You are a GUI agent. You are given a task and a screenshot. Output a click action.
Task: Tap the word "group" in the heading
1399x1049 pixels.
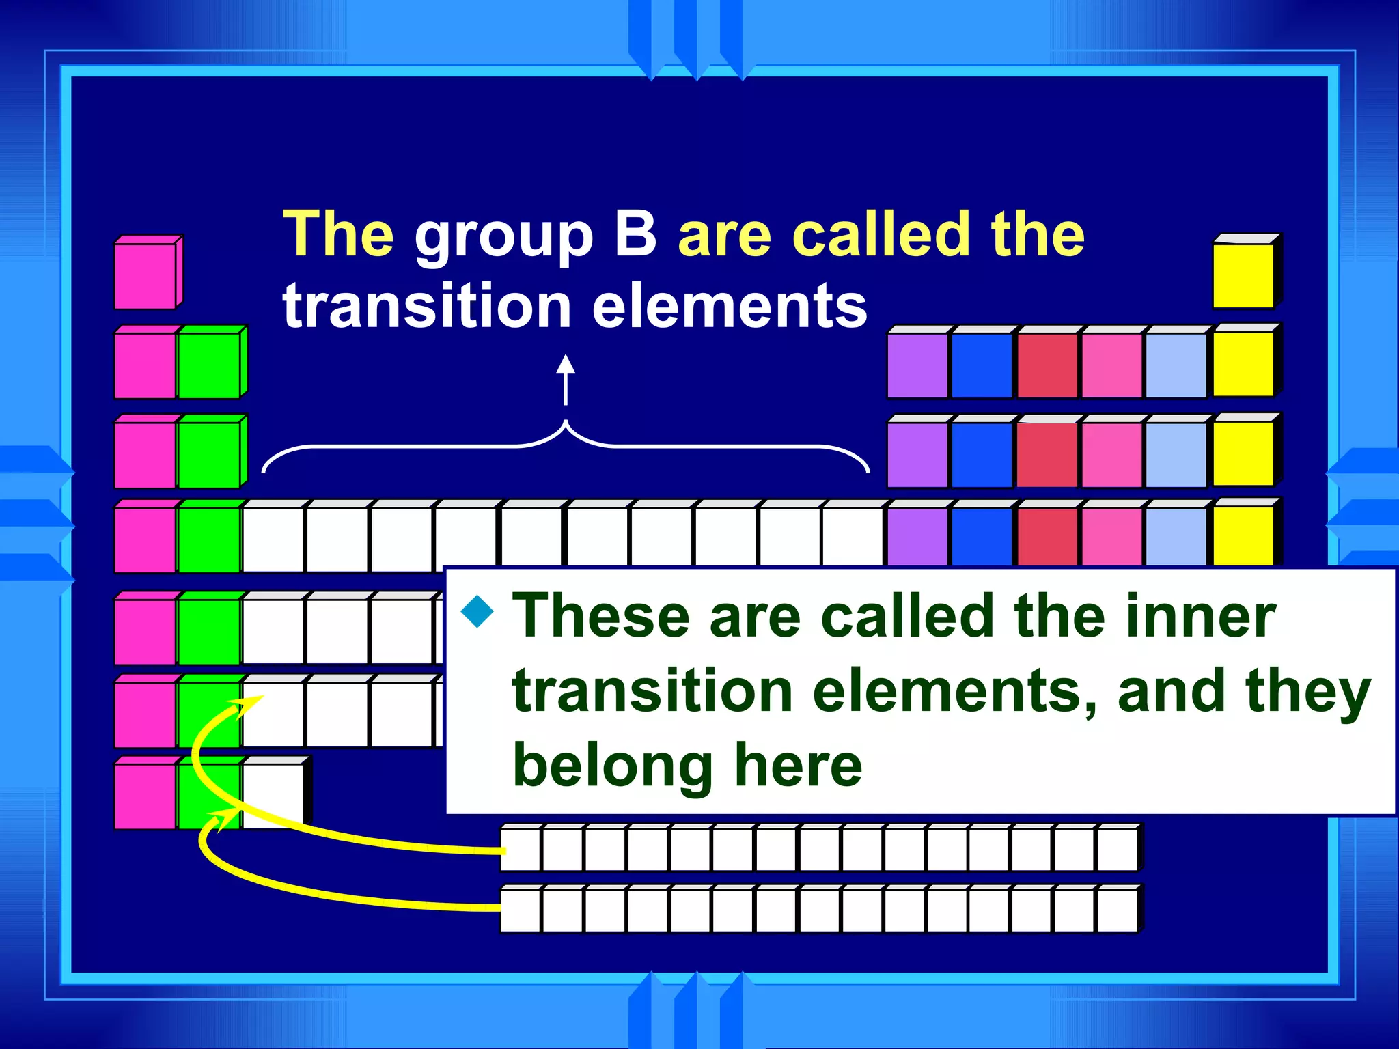(503, 239)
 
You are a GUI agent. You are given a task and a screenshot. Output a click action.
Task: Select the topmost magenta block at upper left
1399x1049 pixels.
(145, 275)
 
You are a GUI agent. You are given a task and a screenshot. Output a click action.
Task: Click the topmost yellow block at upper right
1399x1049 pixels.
(1243, 275)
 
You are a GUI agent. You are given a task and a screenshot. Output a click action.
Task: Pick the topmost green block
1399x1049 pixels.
(208, 365)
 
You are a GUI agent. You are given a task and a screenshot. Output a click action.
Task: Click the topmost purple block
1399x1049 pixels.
(917, 365)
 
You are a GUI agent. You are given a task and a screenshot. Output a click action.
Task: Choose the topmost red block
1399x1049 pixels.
(1047, 365)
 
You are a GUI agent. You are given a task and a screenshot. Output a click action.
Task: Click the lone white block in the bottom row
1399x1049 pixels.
(273, 796)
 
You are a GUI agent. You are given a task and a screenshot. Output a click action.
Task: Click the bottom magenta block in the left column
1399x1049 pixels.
(145, 796)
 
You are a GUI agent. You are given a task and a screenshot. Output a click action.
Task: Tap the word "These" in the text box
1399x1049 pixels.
(601, 616)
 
